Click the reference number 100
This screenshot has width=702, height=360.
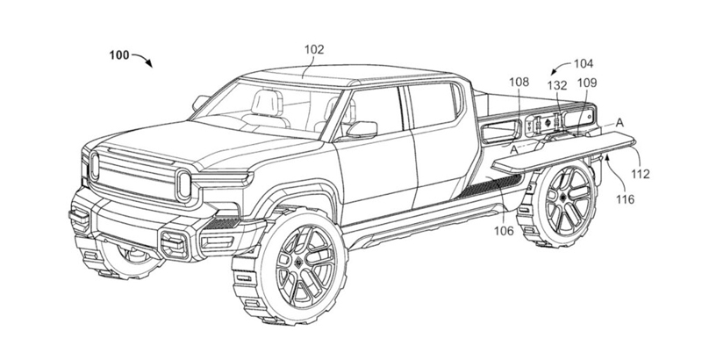[x=118, y=55]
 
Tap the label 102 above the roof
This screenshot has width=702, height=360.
[x=314, y=50]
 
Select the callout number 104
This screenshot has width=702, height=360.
[x=584, y=64]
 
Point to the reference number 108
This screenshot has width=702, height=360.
[x=519, y=82]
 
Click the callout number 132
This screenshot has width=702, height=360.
[x=557, y=86]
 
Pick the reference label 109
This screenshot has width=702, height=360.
[x=587, y=83]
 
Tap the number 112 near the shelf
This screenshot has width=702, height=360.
[x=641, y=174]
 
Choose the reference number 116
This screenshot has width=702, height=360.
[x=625, y=198]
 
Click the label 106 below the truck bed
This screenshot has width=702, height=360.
[x=505, y=231]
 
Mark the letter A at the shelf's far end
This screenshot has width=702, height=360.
[x=620, y=123]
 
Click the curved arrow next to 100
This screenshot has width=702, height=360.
[x=142, y=60]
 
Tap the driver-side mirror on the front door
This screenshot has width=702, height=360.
[x=362, y=129]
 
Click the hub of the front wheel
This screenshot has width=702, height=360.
[x=297, y=262]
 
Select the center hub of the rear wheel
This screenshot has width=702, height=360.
[x=562, y=197]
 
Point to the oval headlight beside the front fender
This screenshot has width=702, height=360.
[x=183, y=185]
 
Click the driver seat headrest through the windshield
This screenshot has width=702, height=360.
[x=267, y=103]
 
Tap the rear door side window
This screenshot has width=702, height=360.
[x=432, y=106]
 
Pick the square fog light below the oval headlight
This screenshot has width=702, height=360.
[x=174, y=245]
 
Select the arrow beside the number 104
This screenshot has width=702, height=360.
[x=561, y=68]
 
